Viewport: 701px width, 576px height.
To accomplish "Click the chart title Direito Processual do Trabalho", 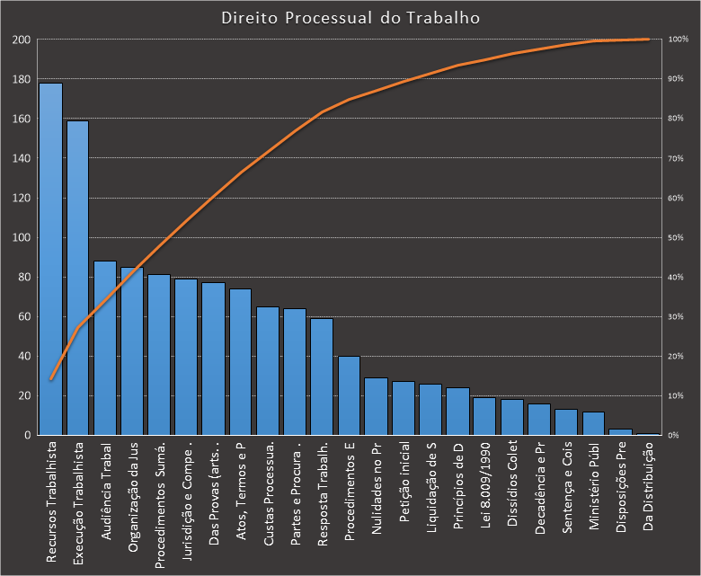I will (x=350, y=18).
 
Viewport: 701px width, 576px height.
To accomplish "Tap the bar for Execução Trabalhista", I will (x=78, y=278).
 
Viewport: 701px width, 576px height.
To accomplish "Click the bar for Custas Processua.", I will (x=268, y=370).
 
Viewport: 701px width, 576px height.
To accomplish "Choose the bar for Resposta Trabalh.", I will (x=322, y=377).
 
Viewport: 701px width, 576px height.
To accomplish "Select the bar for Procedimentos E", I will (x=349, y=395).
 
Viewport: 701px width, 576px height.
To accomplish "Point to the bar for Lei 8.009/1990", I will (x=484, y=416).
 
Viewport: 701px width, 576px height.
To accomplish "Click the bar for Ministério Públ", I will (x=593, y=423).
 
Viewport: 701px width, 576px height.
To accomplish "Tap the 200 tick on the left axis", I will (x=22, y=40).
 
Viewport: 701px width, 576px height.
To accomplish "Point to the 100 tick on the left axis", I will (x=22, y=237).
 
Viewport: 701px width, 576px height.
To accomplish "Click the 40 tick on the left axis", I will (x=24, y=356).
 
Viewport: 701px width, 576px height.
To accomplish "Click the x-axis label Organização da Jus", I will (x=132, y=500).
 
